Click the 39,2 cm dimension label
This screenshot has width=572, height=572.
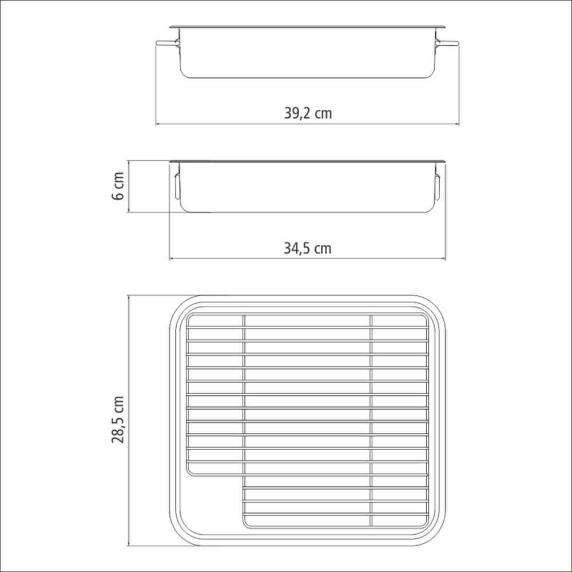308,113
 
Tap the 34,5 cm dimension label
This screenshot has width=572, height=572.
308,248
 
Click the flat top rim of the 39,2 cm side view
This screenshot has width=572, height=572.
308,27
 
